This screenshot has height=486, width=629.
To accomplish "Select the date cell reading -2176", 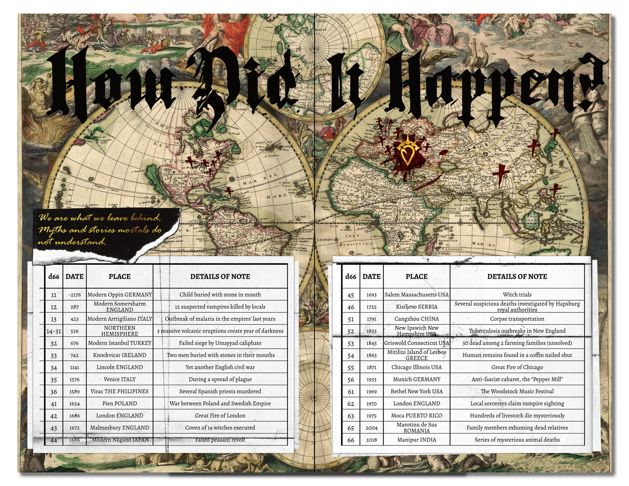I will click(x=75, y=295).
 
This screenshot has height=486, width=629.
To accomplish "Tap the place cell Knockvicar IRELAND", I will click(x=120, y=355).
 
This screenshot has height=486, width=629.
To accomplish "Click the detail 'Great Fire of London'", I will click(x=220, y=415).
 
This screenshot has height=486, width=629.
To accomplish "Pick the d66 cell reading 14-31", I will click(x=54, y=331).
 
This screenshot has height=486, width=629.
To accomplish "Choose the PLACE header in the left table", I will click(x=120, y=276).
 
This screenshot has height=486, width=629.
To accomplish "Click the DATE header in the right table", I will click(x=371, y=276).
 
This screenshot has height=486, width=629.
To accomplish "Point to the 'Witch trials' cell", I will click(x=517, y=295).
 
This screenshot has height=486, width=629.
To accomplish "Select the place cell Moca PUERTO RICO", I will click(x=416, y=415).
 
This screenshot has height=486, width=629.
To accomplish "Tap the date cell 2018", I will click(x=371, y=439).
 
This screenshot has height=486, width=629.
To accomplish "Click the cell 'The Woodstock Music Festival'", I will click(x=517, y=391).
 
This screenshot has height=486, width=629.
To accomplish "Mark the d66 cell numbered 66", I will click(x=351, y=440).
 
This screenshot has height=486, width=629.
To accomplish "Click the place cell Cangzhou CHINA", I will click(x=416, y=319).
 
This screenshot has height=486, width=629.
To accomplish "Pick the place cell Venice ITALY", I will click(x=120, y=379).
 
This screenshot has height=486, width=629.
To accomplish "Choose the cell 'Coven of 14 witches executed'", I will click(x=220, y=428).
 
